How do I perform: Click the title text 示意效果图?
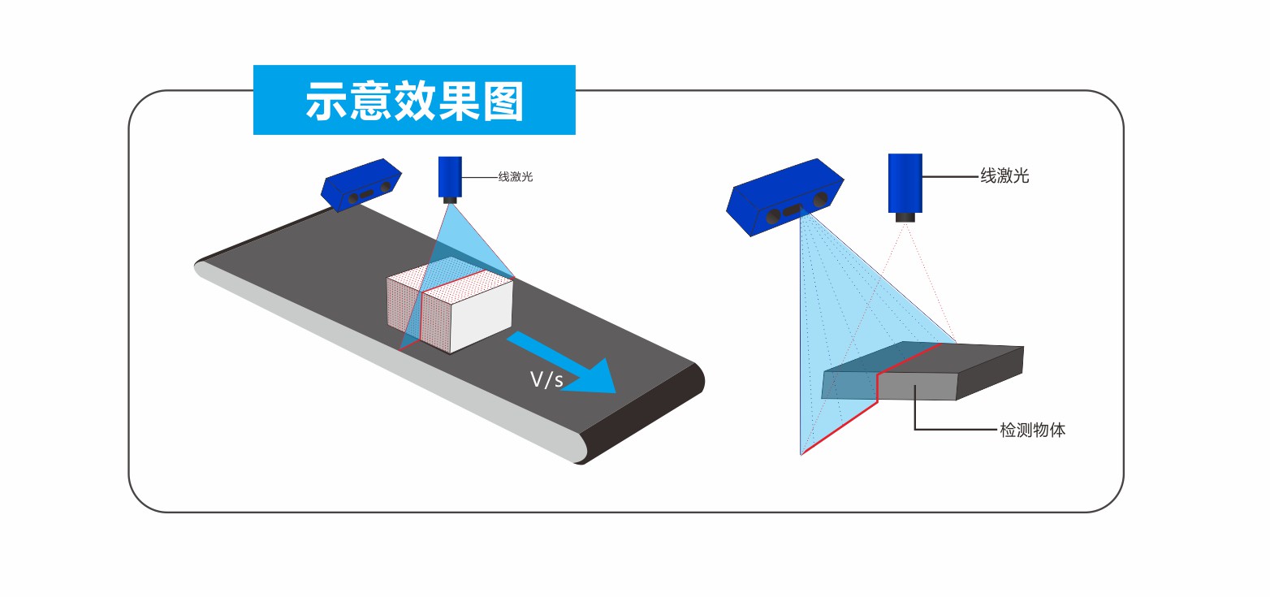(414, 101)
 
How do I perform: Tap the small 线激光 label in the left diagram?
(516, 175)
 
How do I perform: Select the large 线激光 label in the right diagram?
(1004, 175)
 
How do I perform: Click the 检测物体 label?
(1032, 430)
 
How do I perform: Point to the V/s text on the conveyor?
(546, 379)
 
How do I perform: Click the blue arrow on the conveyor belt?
(568, 366)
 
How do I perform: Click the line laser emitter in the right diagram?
(905, 183)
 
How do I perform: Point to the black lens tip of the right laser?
(905, 217)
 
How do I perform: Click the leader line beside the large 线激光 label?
(950, 175)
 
